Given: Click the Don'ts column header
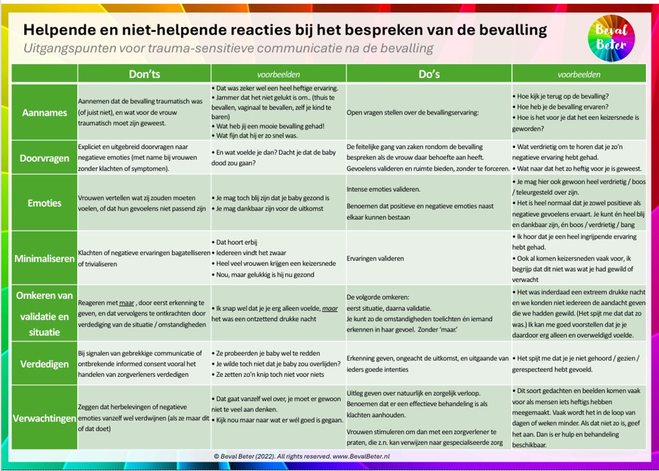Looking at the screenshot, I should pos(144,74).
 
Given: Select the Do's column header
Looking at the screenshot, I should pos(429,74).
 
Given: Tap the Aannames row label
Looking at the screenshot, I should pos(44,112).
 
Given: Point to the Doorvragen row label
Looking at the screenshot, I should pos(44,158).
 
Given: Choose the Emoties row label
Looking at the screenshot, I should pos(44,203).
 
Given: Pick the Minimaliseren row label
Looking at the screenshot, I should pos(44,258).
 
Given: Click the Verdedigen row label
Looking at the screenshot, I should pos(44,364).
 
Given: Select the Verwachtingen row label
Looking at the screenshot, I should pos(44,417).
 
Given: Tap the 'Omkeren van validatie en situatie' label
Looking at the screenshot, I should pos(44,314).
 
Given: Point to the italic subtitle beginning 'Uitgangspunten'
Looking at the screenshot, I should pos(228,48).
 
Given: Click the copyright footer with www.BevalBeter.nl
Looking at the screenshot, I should pos(301,456).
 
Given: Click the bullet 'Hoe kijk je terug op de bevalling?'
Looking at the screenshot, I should pos(563,96).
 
